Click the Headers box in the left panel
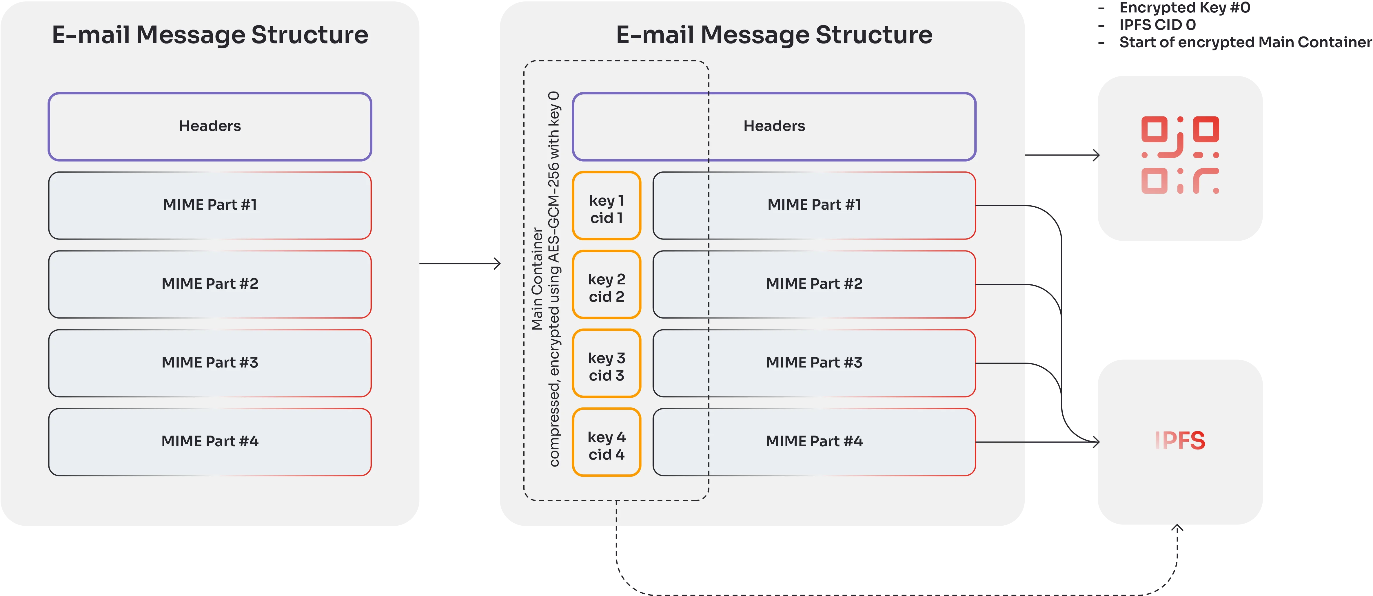[210, 126]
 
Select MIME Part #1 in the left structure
[210, 205]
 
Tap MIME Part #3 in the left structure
[210, 363]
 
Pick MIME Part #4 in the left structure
[210, 442]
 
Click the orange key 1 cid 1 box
[606, 206]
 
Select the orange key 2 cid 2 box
[606, 284]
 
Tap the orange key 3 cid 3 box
[606, 363]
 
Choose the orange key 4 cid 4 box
[606, 442]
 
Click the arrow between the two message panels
[459, 264]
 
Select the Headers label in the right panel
[774, 126]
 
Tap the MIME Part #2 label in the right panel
[814, 284]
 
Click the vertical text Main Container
[537, 279]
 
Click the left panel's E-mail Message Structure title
[210, 35]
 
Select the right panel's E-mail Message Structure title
[774, 35]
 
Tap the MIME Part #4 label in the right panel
[814, 442]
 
